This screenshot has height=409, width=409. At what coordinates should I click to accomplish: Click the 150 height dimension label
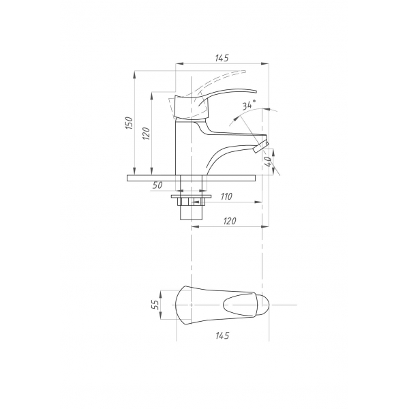(130, 123)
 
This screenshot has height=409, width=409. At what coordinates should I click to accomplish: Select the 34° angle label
(249, 105)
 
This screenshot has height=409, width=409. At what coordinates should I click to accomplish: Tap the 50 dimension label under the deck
(157, 185)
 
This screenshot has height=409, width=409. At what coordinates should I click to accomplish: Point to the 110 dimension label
(226, 196)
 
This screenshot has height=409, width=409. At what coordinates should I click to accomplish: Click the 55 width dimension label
(155, 305)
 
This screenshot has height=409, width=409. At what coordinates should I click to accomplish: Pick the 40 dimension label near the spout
(269, 162)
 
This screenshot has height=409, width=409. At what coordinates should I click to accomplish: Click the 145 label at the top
(222, 58)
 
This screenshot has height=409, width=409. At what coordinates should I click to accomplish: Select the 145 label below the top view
(222, 335)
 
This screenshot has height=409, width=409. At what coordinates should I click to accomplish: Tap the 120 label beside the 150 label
(147, 134)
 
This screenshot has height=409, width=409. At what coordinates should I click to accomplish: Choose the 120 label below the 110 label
(230, 221)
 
